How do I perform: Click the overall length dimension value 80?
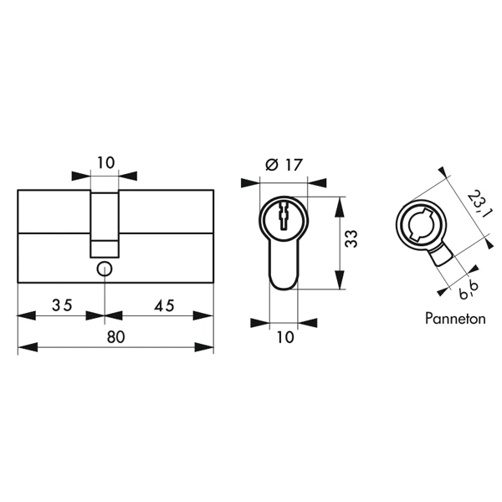pos(115,338)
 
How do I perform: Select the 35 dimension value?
pos(61,305)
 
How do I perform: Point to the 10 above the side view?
pos(105,162)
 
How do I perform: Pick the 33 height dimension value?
pos(351,240)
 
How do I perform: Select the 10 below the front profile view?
pos(285,337)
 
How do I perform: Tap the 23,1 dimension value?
pos(473,204)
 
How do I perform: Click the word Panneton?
pos(454,319)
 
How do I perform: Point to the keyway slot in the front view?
pos(284,218)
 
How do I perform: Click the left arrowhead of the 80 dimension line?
pos(23,348)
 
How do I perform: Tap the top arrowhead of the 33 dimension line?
pos(338,203)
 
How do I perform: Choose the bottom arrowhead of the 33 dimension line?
pos(338,284)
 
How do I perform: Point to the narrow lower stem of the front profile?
pos(284,268)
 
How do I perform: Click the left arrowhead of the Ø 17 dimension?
pos(248,182)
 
